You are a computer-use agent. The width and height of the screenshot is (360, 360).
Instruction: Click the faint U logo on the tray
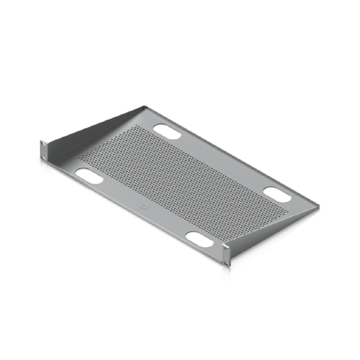click(x=144, y=208)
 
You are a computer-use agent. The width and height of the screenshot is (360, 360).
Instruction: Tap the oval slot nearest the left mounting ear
click(x=89, y=175)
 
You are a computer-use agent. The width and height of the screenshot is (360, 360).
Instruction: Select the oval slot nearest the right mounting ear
click(x=200, y=239)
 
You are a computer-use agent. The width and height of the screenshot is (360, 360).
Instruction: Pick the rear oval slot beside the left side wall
click(x=167, y=131)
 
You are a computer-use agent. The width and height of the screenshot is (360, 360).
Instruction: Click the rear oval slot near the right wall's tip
click(x=277, y=195)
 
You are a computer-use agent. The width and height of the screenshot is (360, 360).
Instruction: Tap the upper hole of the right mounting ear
click(x=226, y=248)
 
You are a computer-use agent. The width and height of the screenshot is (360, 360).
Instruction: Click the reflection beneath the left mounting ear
click(x=43, y=166)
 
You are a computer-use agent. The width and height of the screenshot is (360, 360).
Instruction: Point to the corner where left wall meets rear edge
click(x=143, y=106)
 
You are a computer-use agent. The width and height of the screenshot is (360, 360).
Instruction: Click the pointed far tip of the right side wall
click(x=321, y=208)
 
